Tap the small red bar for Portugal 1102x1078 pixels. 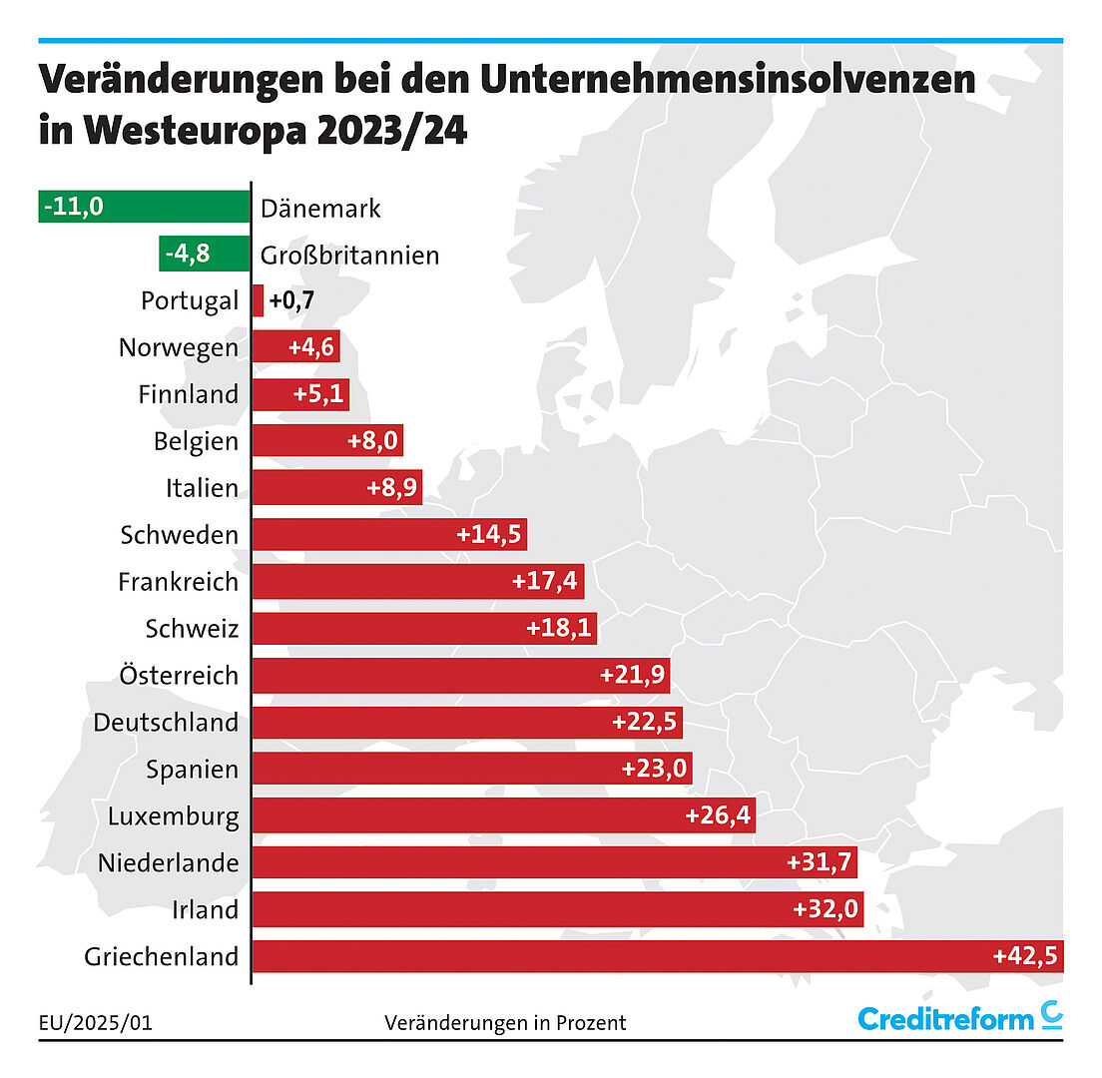(x=258, y=300)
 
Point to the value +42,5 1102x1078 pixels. (x=1026, y=956)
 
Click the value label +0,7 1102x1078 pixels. (x=291, y=300)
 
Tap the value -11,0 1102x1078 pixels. (x=74, y=208)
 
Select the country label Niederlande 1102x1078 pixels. (x=168, y=862)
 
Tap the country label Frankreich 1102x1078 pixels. (x=178, y=581)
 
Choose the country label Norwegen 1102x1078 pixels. (x=178, y=347)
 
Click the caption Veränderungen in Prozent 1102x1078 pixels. (x=505, y=1022)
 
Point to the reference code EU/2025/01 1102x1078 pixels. (x=96, y=1022)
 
